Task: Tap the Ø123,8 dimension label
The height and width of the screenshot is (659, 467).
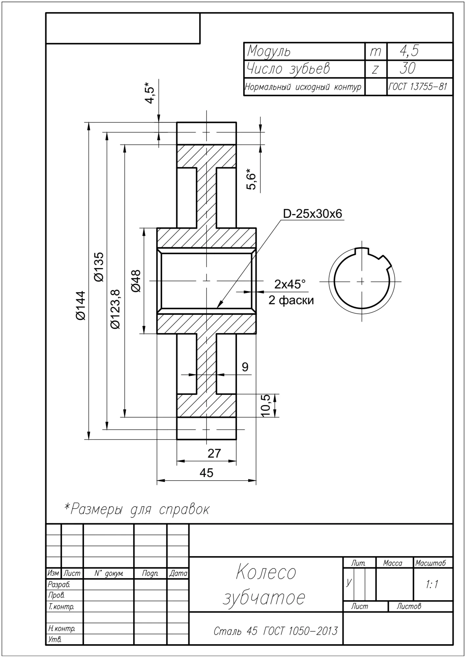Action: (x=116, y=309)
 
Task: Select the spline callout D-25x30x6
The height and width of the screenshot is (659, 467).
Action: (x=312, y=214)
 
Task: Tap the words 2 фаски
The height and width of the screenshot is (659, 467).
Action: (x=291, y=300)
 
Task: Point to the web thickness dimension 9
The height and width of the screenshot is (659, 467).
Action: (x=245, y=367)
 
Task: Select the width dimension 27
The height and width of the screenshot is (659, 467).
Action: (x=214, y=453)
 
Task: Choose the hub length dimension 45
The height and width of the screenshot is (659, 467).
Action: (x=206, y=473)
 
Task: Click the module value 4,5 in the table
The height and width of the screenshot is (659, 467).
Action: (x=409, y=51)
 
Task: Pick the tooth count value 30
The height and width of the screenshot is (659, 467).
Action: (x=408, y=68)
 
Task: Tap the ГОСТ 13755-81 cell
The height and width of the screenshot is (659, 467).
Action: (x=418, y=87)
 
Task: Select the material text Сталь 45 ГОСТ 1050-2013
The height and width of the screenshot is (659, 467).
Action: (x=275, y=631)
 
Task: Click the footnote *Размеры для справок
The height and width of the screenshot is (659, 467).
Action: (x=137, y=509)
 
